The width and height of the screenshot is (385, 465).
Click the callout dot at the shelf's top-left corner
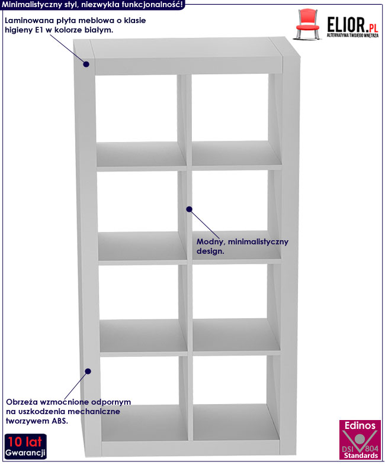(86, 63)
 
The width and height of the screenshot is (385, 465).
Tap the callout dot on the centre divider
(190, 208)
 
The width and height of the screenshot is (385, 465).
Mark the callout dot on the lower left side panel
(88, 371)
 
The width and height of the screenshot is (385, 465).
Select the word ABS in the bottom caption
(59, 421)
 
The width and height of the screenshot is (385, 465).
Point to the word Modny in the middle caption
(208, 241)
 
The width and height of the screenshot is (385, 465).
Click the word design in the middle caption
(210, 251)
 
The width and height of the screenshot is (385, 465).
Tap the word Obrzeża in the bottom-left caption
(21, 402)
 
